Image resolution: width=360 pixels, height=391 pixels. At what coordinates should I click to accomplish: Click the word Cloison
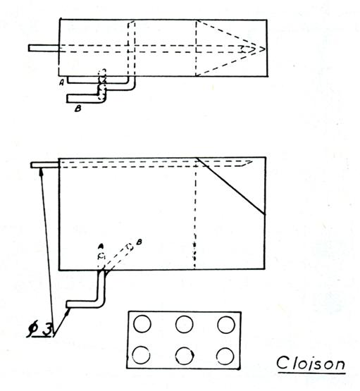click(311, 363)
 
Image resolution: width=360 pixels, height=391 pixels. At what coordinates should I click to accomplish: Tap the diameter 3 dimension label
click(40, 330)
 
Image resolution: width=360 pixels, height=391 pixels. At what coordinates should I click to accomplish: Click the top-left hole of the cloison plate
click(142, 323)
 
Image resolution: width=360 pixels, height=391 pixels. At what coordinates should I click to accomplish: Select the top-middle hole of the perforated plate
click(185, 324)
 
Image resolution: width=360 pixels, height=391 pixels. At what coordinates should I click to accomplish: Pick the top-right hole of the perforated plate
click(226, 325)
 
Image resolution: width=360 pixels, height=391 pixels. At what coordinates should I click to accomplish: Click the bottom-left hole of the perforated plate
click(141, 354)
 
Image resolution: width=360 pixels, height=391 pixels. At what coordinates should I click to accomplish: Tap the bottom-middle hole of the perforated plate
click(185, 356)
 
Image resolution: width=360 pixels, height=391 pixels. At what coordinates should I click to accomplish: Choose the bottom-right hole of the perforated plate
click(225, 356)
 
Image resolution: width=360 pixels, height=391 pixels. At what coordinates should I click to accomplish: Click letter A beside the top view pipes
click(62, 82)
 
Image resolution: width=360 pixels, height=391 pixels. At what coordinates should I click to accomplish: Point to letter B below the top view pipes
click(78, 108)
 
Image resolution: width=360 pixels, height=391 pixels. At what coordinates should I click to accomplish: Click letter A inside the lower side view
click(101, 247)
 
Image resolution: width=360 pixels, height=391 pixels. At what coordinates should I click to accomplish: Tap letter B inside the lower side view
click(139, 242)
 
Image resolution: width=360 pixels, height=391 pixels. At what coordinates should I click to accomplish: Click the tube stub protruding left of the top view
click(44, 48)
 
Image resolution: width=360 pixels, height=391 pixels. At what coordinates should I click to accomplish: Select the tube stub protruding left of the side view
click(44, 165)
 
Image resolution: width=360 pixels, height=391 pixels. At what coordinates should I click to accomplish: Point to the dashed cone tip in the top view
click(264, 49)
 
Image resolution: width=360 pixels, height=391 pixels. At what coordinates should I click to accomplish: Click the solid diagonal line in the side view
click(231, 186)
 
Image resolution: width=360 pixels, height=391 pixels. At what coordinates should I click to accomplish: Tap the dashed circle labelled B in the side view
click(130, 247)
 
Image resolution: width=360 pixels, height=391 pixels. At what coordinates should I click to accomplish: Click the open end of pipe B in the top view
click(68, 99)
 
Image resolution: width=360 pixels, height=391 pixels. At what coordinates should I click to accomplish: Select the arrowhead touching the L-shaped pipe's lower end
click(67, 311)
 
